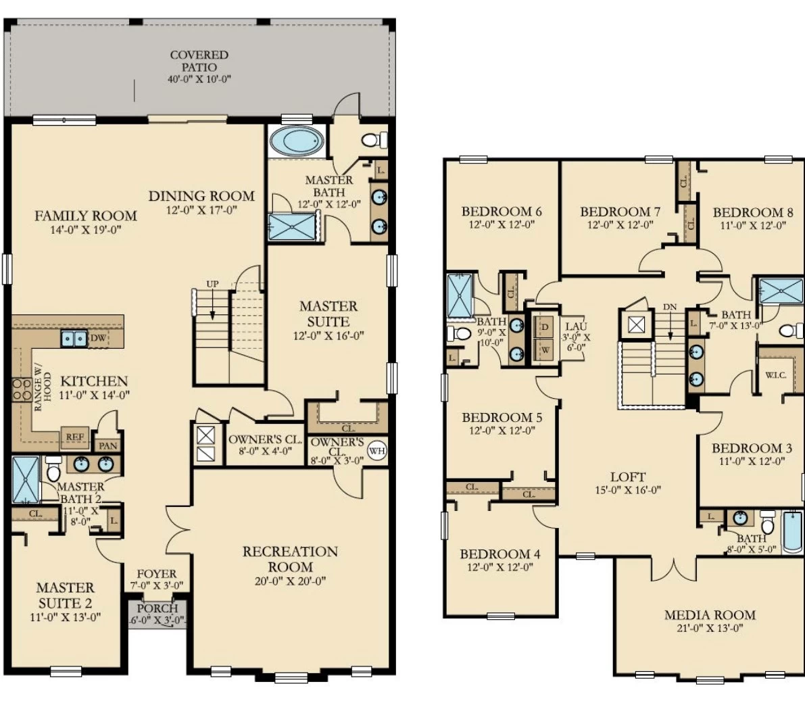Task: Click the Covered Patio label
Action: click(199, 61)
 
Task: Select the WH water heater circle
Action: click(377, 451)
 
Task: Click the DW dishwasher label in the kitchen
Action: click(98, 338)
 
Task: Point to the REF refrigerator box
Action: click(75, 437)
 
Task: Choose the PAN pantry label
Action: click(108, 445)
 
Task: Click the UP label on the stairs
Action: click(212, 283)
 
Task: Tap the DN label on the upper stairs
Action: click(670, 307)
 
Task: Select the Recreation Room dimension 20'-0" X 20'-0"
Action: click(290, 581)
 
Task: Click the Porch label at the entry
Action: click(157, 608)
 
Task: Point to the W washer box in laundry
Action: click(545, 350)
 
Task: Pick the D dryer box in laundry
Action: click(545, 327)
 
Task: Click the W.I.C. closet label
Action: click(775, 375)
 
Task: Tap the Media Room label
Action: click(710, 614)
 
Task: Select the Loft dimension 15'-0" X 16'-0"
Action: click(628, 490)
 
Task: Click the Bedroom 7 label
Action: click(620, 212)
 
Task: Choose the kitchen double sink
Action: click(75, 339)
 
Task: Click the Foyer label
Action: click(157, 574)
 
